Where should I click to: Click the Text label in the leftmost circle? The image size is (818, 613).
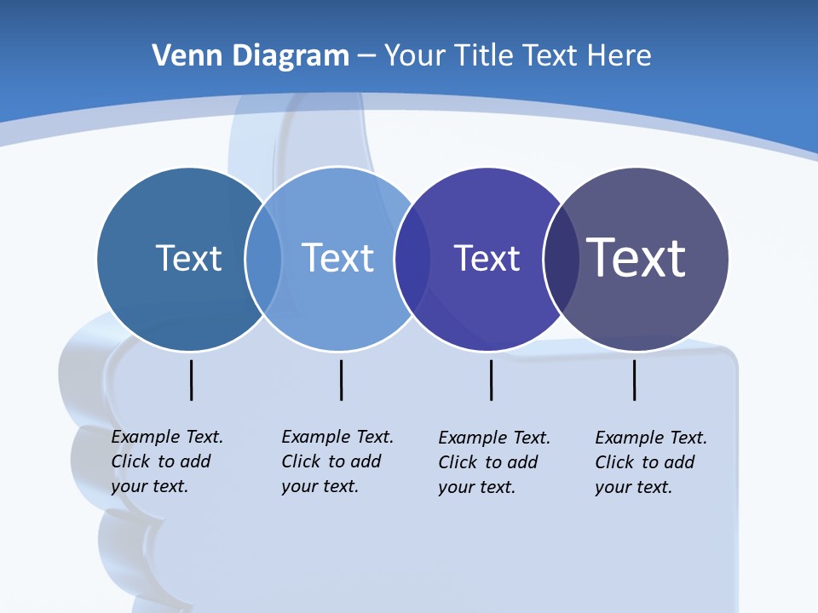(188, 258)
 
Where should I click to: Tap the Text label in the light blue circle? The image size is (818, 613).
(337, 258)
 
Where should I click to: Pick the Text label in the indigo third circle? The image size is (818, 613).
(487, 258)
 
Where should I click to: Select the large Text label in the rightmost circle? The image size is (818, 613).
(636, 257)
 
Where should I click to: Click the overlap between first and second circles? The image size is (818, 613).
(263, 259)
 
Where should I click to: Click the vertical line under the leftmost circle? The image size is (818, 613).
(192, 380)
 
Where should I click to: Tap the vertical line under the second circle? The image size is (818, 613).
(341, 380)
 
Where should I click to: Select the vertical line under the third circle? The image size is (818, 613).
(492, 380)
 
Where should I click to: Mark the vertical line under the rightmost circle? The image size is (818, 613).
(635, 380)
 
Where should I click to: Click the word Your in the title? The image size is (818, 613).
(413, 56)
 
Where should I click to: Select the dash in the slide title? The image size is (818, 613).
(366, 56)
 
